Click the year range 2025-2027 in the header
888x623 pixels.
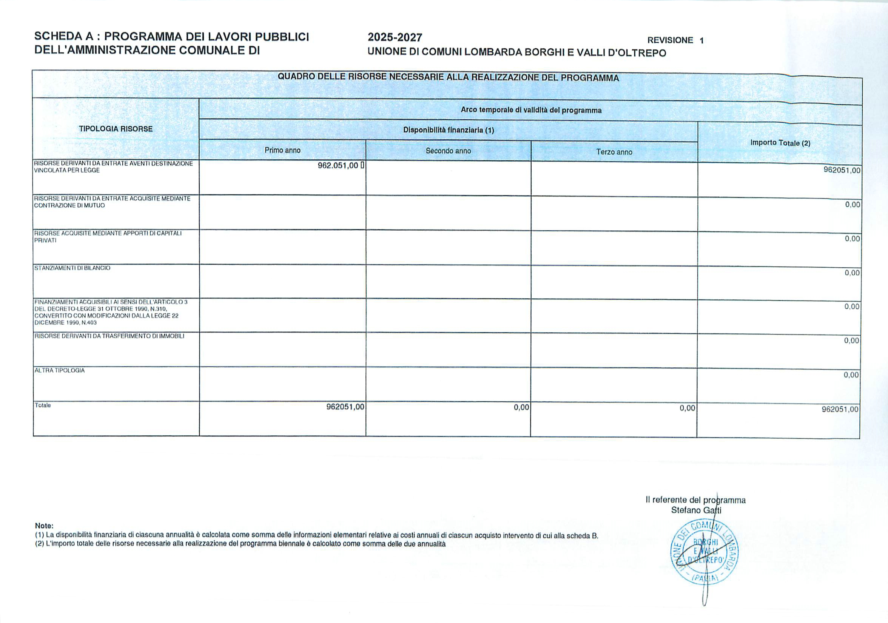395,37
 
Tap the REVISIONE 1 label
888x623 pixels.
675,40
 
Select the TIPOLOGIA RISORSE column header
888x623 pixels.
116,129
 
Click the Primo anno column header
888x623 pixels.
282,150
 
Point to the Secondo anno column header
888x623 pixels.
448,151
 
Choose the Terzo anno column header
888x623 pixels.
614,152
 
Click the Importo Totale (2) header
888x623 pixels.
780,143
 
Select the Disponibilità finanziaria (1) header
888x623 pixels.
449,130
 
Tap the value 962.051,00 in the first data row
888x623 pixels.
338,165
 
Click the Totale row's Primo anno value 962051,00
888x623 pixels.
345,407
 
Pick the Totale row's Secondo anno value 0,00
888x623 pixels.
521,407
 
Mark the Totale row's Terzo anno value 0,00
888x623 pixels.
687,408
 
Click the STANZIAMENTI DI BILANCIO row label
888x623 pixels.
72,268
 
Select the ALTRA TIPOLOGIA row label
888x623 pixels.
60,370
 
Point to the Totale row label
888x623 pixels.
43,405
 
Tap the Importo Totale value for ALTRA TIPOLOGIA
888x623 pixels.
851,375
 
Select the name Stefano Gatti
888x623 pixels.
696,510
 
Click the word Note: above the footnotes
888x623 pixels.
44,526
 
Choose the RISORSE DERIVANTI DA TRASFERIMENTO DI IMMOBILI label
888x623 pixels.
109,336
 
